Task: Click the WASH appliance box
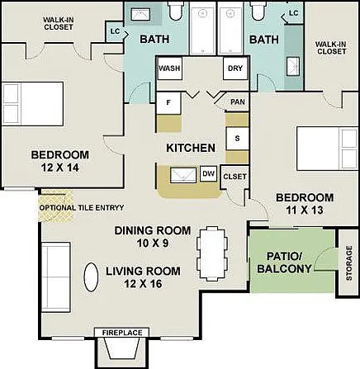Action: pyautogui.click(x=169, y=69)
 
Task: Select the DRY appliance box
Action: pyautogui.click(x=235, y=69)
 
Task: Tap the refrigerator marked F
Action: pyautogui.click(x=168, y=103)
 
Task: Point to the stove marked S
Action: pyautogui.click(x=237, y=139)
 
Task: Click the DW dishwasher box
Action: pyautogui.click(x=208, y=173)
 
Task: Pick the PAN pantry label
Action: pyautogui.click(x=238, y=102)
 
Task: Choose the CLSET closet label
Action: pyautogui.click(x=234, y=177)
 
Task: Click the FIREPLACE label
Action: pyautogui.click(x=122, y=333)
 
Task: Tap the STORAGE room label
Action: pyautogui.click(x=349, y=263)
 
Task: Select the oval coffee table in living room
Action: pyautogui.click(x=91, y=277)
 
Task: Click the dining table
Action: pyautogui.click(x=212, y=253)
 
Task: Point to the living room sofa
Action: pyautogui.click(x=56, y=277)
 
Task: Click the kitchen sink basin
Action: pyautogui.click(x=183, y=175)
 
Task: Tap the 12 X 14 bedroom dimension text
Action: pyautogui.click(x=60, y=168)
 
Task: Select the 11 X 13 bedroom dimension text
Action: pyautogui.click(x=305, y=211)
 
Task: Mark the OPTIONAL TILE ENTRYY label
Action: pyautogui.click(x=82, y=208)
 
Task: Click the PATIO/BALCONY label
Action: pyautogui.click(x=284, y=263)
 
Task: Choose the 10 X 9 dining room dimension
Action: pyautogui.click(x=153, y=244)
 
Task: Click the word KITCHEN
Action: pyautogui.click(x=191, y=148)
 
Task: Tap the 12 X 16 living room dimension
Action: pyautogui.click(x=143, y=284)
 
